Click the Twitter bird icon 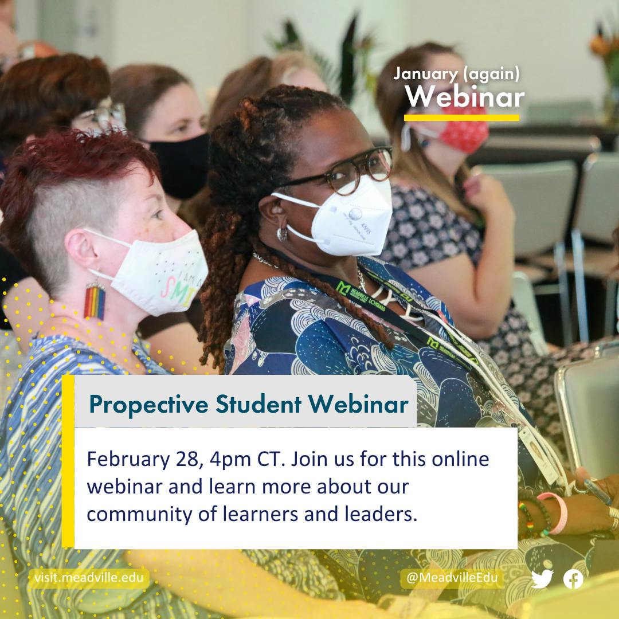(542, 579)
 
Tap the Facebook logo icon (573, 579)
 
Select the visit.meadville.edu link (89, 578)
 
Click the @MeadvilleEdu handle (452, 578)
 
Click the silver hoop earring (282, 234)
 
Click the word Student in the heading (258, 404)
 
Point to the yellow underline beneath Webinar (461, 117)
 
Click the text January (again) (456, 74)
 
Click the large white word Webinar (465, 97)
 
